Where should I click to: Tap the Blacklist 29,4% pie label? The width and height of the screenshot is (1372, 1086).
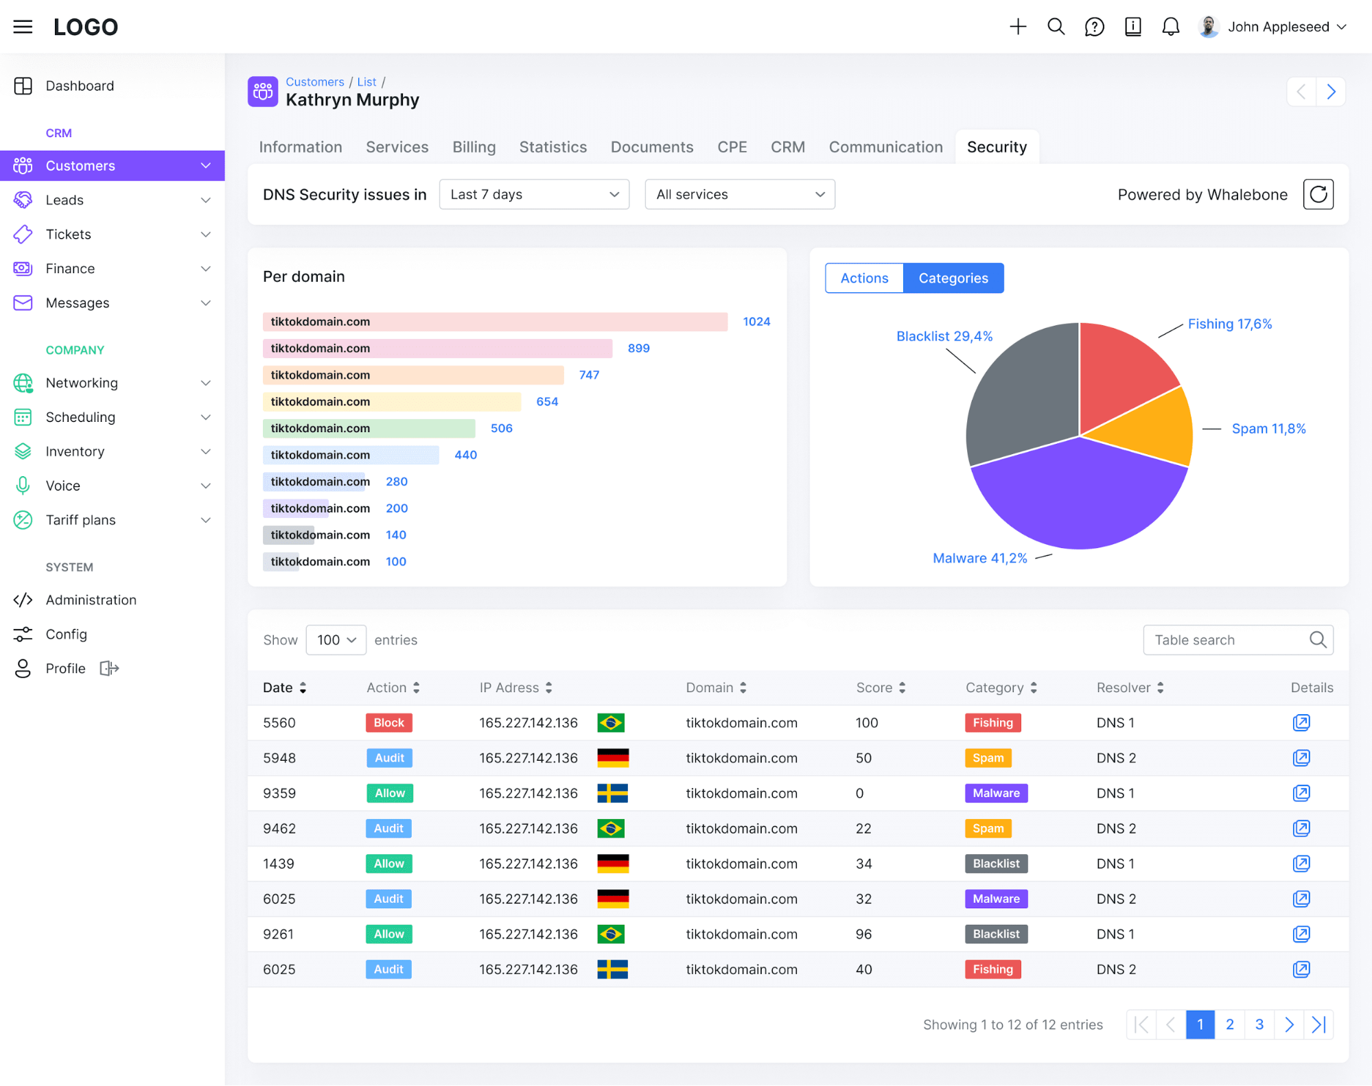[944, 336]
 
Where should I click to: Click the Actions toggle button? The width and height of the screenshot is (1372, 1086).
[864, 278]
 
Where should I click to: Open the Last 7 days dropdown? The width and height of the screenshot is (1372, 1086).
[534, 194]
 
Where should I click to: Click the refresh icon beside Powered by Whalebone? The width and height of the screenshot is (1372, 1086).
[1318, 194]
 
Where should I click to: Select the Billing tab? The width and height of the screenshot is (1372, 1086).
[474, 147]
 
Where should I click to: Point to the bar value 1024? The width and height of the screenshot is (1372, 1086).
[756, 322]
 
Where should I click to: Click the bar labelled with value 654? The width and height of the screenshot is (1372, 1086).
[392, 401]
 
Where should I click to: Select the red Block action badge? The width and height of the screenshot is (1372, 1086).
[389, 722]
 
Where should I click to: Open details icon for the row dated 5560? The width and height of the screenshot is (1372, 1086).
[1301, 722]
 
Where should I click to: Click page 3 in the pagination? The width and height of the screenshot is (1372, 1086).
[1259, 1024]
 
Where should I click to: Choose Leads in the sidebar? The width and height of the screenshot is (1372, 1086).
[65, 200]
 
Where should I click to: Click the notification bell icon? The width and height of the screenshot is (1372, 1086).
[1170, 27]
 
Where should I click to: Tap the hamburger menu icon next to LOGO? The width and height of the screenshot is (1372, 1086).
[23, 27]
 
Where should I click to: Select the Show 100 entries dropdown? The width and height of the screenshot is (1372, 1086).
[336, 640]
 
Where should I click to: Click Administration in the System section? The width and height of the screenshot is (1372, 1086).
[91, 600]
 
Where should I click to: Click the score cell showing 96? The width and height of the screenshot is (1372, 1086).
[863, 934]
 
